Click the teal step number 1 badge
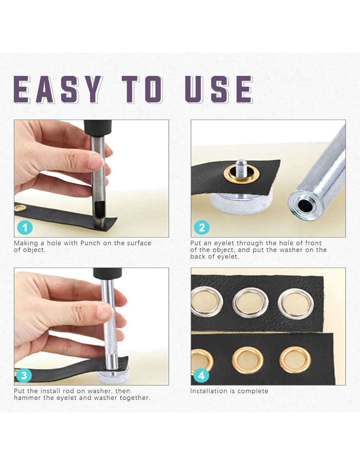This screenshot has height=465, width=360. (x=25, y=228)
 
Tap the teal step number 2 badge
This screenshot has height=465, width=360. (x=202, y=228)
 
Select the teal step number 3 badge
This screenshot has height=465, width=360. (x=24, y=376)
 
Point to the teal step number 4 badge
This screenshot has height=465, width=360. (x=201, y=376)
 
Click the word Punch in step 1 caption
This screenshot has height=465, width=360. (x=90, y=243)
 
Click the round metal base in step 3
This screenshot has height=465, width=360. (x=113, y=376)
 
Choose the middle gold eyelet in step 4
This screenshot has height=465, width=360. (x=248, y=360)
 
